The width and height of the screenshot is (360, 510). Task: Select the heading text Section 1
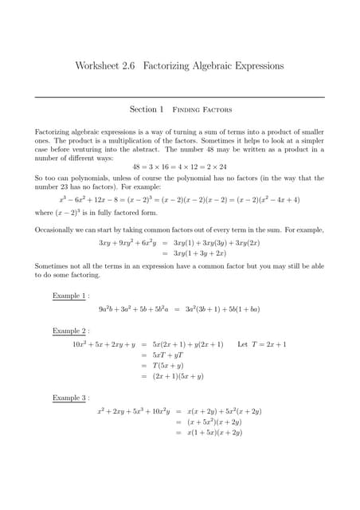tap(147, 109)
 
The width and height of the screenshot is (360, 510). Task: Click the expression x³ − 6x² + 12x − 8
tap(94, 199)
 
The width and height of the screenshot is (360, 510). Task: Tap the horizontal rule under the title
tap(179, 97)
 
